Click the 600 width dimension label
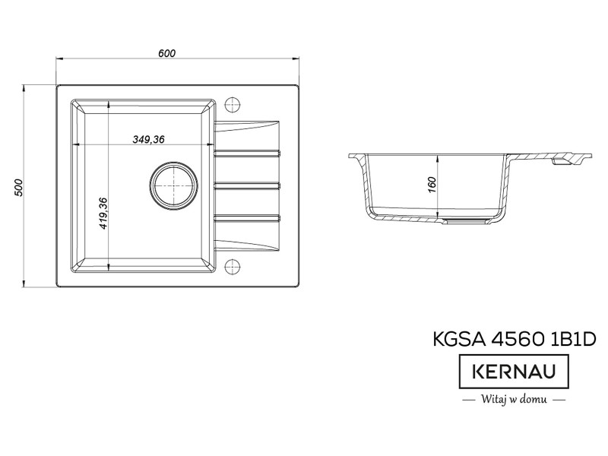coord(166,53)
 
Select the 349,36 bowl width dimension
coord(148,139)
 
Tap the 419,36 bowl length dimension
coord(103,213)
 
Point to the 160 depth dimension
coord(432,185)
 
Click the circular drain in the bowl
coord(173,185)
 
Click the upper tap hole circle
coord(233,104)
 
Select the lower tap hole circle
coord(233,267)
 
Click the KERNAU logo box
coord(514,371)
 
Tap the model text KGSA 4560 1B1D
coord(515,339)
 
